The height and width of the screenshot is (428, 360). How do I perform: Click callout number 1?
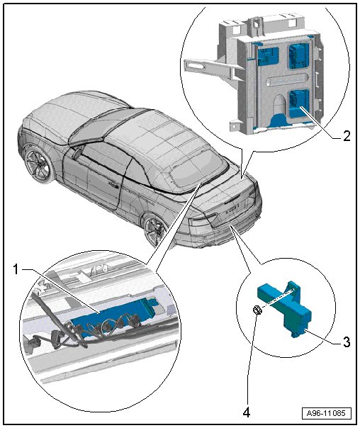pos(16,270)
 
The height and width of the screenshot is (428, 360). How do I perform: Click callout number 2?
pos(346,135)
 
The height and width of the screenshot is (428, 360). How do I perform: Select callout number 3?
pos(346,342)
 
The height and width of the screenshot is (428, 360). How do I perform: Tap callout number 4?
pos(246,412)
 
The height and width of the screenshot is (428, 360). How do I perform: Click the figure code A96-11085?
pos(326,413)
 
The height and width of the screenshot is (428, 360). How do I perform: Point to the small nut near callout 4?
pos(257,310)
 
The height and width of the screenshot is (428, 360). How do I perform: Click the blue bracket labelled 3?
pos(285,308)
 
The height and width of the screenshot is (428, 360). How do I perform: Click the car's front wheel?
pos(38,164)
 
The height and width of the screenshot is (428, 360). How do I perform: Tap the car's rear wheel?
pos(155,230)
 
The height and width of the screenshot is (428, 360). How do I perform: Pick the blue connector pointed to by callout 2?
pos(298,104)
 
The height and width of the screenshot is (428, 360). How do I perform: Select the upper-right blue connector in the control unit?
pos(298,55)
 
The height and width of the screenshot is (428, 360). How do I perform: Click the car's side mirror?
pos(77,152)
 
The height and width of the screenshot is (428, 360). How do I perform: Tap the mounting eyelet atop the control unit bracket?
pos(256,23)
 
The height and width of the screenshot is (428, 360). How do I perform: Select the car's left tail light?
pos(203,220)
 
